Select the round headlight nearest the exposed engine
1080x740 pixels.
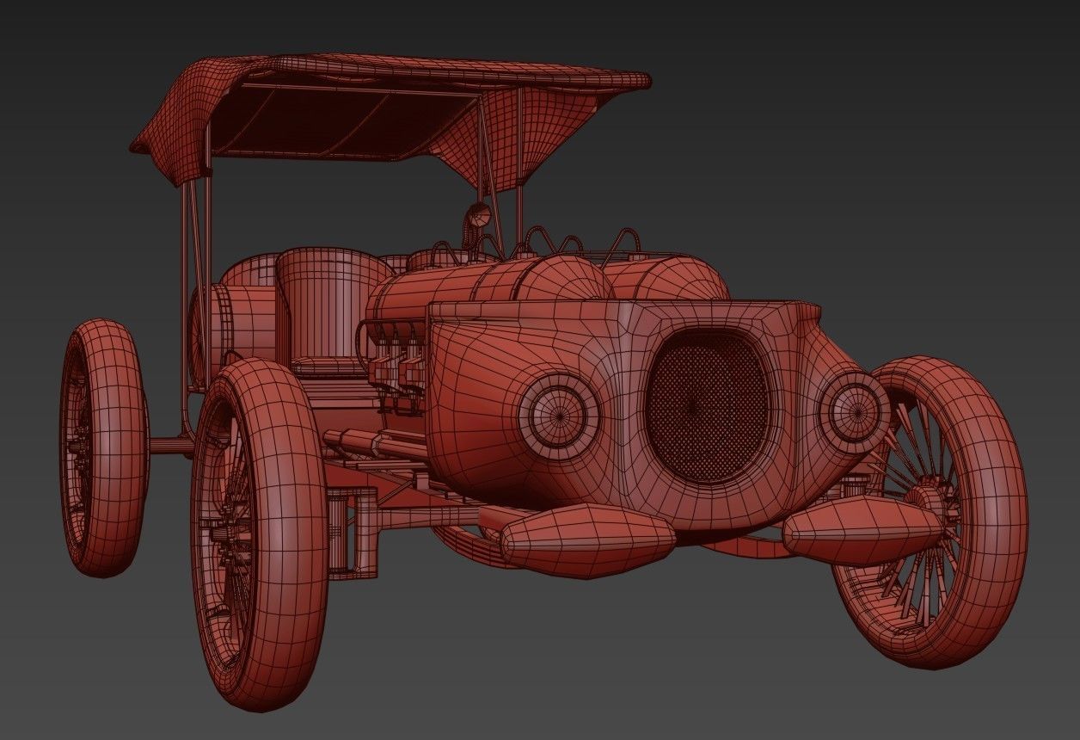point(559,411)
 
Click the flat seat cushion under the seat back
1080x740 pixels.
point(327,368)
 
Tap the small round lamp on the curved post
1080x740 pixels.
point(479,215)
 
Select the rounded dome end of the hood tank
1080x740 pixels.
point(563,280)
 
